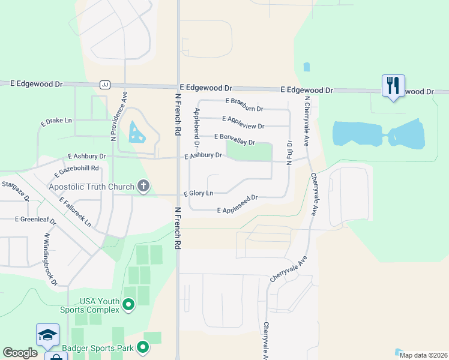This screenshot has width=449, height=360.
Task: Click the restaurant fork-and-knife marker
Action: point(393,86)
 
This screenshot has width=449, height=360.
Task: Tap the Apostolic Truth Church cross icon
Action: point(143,186)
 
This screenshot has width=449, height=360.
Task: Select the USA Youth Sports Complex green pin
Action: point(128,305)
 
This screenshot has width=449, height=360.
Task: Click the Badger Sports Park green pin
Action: point(143,347)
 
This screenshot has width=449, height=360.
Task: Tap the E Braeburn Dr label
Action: point(244,105)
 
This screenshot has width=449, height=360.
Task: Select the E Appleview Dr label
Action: point(247,122)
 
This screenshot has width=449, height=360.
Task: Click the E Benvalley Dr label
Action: point(230,139)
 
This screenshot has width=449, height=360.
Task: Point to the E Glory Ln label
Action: point(198,193)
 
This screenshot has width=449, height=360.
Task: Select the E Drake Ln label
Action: point(56,121)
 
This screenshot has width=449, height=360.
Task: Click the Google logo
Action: point(20,353)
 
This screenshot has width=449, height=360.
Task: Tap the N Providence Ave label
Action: point(118,115)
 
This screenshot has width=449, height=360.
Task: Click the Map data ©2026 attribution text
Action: point(423,355)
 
